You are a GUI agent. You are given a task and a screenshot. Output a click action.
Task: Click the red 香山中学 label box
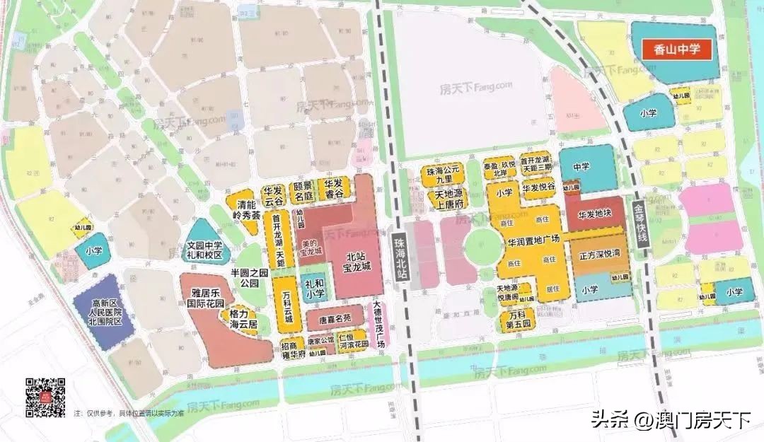click(x=675, y=50)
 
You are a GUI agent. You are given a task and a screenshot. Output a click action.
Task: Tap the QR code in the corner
click(x=46, y=397)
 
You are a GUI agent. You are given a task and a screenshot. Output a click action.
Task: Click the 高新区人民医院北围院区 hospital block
click(x=105, y=311)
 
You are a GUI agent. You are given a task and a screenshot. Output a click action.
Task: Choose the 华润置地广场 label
click(x=533, y=240)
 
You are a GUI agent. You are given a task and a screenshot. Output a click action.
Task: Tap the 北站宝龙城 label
click(x=356, y=262)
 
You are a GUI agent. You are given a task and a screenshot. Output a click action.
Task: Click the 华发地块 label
click(x=594, y=212)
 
